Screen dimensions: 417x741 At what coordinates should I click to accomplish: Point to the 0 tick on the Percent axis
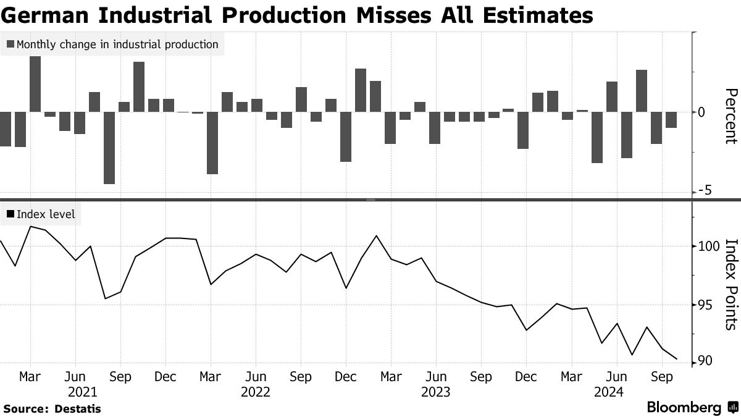pos(701,112)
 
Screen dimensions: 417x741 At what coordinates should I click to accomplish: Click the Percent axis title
pos(731,116)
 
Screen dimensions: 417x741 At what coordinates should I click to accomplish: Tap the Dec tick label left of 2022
pos(165,376)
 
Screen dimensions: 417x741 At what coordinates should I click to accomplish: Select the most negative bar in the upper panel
pos(109,148)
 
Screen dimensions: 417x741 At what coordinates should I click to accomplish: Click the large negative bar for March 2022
pos(212,143)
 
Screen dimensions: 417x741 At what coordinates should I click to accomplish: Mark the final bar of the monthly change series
pos(671,120)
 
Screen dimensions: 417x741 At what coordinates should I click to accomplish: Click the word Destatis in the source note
pos(78,408)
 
